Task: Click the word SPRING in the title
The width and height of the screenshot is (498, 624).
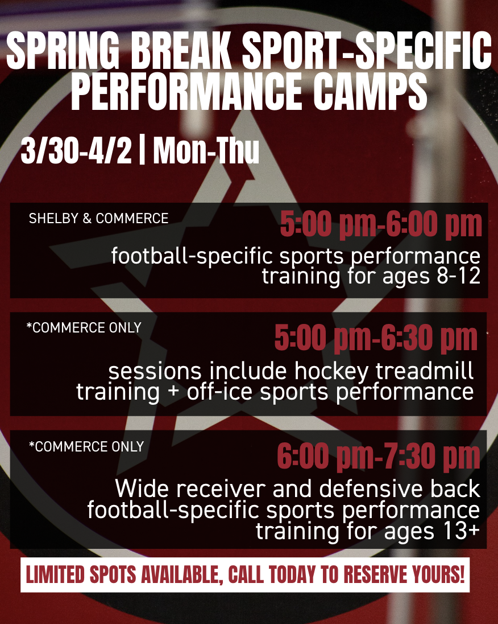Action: (x=63, y=50)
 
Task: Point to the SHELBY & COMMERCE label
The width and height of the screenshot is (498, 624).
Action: (x=98, y=218)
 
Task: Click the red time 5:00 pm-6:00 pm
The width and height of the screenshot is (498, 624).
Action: (x=381, y=224)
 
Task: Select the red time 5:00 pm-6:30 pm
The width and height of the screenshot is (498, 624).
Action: (x=376, y=338)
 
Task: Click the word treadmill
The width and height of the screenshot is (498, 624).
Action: (x=425, y=371)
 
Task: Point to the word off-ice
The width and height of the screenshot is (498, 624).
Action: (x=219, y=392)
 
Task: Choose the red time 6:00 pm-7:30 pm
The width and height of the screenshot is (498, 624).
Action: (x=379, y=456)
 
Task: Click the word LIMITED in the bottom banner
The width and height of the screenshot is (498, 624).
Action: (x=55, y=574)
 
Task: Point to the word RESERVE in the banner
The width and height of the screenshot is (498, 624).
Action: (x=371, y=574)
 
